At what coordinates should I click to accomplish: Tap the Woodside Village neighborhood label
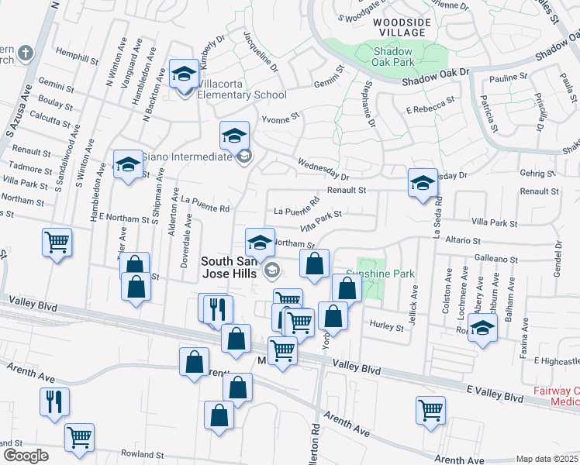[399, 27]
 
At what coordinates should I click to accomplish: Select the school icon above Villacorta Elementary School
[184, 74]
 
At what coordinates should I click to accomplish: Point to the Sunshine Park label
[381, 274]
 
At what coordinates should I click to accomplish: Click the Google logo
[25, 455]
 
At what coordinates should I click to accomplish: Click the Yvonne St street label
[280, 119]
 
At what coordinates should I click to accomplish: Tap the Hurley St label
[386, 327]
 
